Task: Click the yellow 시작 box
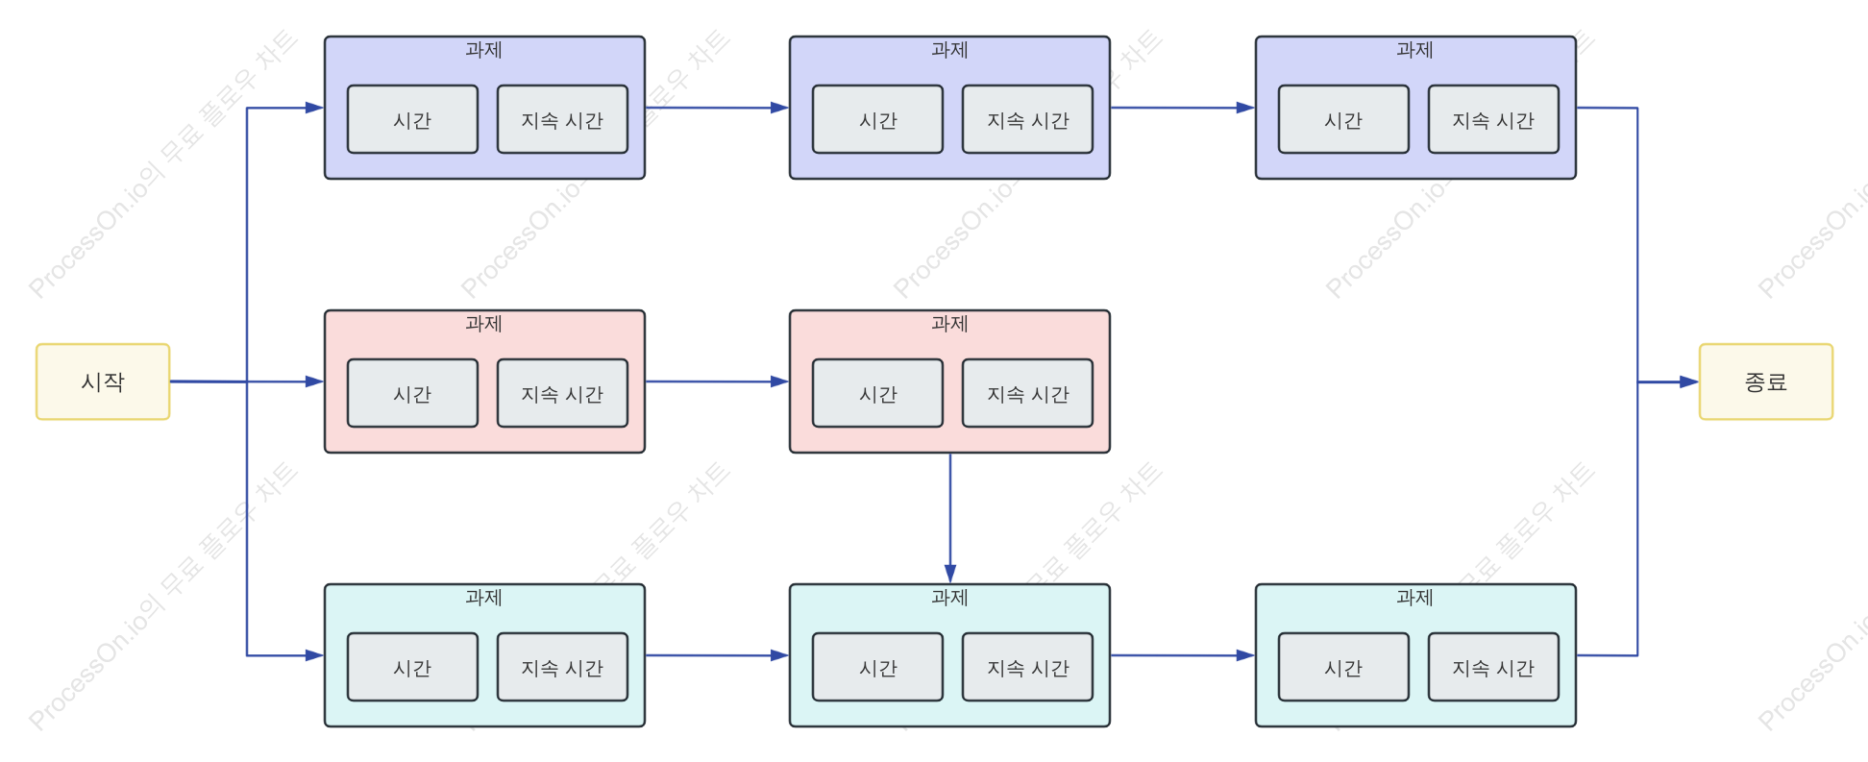[x=103, y=381]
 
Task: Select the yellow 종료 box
[x=1766, y=381]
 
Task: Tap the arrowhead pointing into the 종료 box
[x=1688, y=381]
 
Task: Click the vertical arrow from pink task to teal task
[x=950, y=518]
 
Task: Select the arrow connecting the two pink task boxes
[x=717, y=381]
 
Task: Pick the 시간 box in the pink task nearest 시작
[x=412, y=393]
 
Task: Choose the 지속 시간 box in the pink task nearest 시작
[x=562, y=393]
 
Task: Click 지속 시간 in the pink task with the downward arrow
[x=1027, y=393]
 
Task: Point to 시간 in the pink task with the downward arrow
[x=877, y=393]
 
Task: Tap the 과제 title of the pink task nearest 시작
[x=483, y=324]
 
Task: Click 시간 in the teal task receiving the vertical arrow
[x=877, y=667]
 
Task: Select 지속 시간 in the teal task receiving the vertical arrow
[x=1027, y=667]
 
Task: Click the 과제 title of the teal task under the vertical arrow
[x=949, y=598]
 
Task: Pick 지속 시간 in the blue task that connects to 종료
[x=1493, y=119]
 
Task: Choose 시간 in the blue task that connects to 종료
[x=1343, y=119]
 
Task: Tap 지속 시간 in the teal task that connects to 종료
[x=1493, y=667]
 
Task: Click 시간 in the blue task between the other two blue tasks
[x=877, y=119]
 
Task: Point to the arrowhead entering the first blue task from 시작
[x=314, y=108]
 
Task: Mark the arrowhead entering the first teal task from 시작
[x=314, y=655]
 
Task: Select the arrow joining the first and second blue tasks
[x=717, y=108]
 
